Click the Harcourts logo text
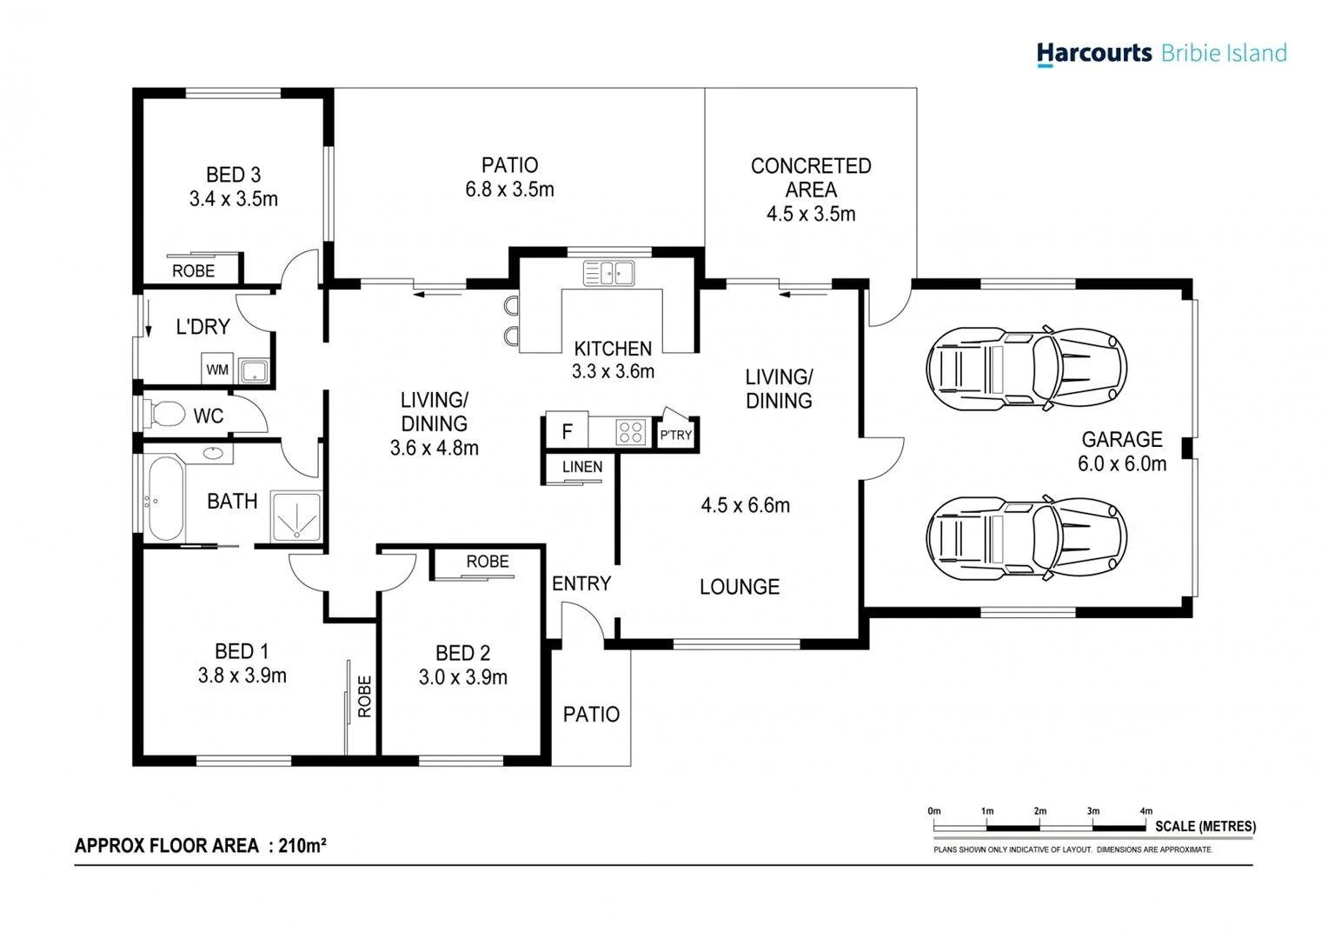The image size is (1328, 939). pyautogui.click(x=1093, y=53)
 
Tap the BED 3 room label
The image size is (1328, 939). pyautogui.click(x=233, y=175)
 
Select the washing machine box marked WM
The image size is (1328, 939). pyautogui.click(x=217, y=370)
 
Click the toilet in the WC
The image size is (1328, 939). pyautogui.click(x=163, y=414)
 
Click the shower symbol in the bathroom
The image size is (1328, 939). pyautogui.click(x=296, y=516)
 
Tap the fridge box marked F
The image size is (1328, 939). pyautogui.click(x=567, y=431)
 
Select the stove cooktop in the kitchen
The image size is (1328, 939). pyautogui.click(x=630, y=431)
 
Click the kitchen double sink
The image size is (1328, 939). pyautogui.click(x=608, y=273)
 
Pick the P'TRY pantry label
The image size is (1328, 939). pyautogui.click(x=675, y=435)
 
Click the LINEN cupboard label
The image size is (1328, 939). pyautogui.click(x=581, y=467)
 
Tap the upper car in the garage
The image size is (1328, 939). pyautogui.click(x=1026, y=368)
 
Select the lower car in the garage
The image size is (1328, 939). pyautogui.click(x=1026, y=538)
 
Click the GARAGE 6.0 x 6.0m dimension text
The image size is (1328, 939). pyautogui.click(x=1122, y=464)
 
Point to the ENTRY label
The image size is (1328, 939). pyautogui.click(x=581, y=583)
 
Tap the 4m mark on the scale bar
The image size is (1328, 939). pyautogui.click(x=1146, y=811)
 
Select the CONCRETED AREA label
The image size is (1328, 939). pyautogui.click(x=811, y=177)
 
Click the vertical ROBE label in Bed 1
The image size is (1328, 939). pyautogui.click(x=365, y=696)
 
